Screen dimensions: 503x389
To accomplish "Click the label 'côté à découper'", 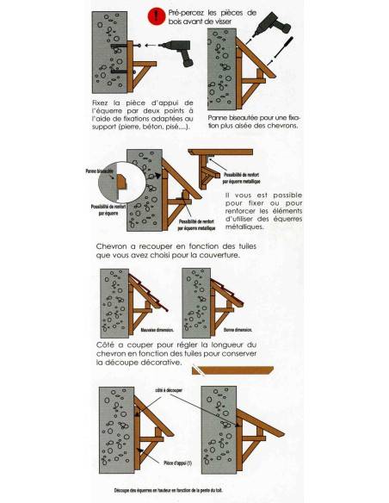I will (169, 390).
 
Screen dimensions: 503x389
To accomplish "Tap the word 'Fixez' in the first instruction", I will (101, 102).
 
